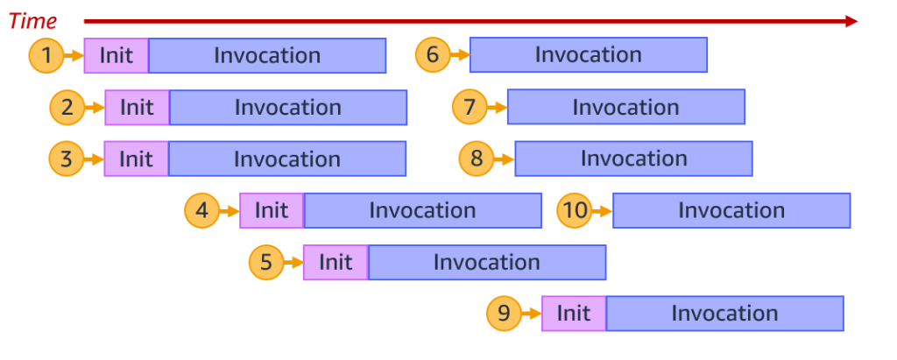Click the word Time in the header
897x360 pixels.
click(x=32, y=21)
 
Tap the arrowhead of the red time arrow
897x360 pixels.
click(x=851, y=21)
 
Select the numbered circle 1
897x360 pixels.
click(x=46, y=56)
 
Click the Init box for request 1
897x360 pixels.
click(x=117, y=56)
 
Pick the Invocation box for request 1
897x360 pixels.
click(x=267, y=56)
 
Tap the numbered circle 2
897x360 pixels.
click(x=67, y=108)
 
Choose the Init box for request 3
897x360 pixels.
click(x=137, y=159)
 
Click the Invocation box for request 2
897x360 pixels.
click(x=288, y=108)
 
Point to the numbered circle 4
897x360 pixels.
click(x=201, y=211)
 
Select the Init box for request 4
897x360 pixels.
click(x=272, y=211)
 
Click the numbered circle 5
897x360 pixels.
click(x=265, y=263)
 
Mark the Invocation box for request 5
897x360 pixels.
click(x=487, y=263)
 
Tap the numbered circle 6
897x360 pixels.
click(x=432, y=55)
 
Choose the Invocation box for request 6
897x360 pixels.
click(x=589, y=55)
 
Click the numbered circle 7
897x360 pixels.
click(x=470, y=107)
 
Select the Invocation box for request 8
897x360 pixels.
click(x=633, y=159)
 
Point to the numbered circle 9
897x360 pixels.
click(x=504, y=314)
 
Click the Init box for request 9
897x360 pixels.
click(x=574, y=314)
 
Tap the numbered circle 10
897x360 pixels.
click(x=575, y=211)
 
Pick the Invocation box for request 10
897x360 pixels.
click(x=731, y=211)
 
